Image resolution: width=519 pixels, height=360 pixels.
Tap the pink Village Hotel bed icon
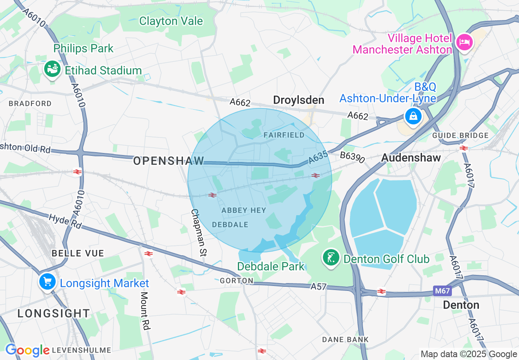click(464, 43)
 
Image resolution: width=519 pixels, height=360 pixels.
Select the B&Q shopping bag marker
click(413, 116)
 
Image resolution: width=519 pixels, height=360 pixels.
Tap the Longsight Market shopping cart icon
click(48, 282)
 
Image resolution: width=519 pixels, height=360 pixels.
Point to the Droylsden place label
click(298, 100)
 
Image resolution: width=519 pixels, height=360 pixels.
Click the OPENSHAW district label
click(169, 161)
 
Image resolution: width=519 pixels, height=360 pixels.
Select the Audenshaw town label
click(411, 158)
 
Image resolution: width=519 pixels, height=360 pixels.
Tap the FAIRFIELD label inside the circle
click(284, 135)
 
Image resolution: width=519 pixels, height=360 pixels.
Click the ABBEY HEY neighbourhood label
click(244, 210)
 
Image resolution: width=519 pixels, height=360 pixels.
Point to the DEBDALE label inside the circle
click(230, 225)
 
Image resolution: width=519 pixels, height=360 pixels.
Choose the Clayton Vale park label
click(171, 21)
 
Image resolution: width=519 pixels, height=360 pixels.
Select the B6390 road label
click(352, 157)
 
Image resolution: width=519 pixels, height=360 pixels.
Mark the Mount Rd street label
click(145, 310)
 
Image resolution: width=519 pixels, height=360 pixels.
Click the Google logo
click(27, 351)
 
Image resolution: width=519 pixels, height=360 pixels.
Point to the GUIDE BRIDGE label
click(460, 135)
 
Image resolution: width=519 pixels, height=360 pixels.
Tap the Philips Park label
click(83, 48)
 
